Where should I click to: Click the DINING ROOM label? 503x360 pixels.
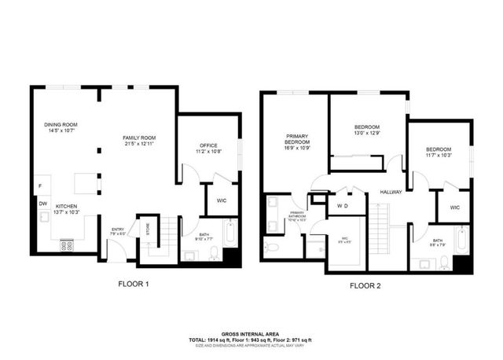pos(61,125)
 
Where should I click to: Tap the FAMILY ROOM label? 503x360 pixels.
pos(138,138)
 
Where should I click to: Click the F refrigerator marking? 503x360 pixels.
pos(39,186)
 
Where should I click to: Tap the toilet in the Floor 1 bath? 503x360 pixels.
pos(214,252)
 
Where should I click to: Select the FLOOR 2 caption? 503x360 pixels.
pos(365,285)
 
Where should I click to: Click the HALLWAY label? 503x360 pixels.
pos(391,191)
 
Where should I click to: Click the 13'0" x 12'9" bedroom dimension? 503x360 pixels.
pos(367,133)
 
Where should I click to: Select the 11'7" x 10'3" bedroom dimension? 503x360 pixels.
pos(439,156)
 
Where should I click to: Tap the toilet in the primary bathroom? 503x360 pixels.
pos(270,248)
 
